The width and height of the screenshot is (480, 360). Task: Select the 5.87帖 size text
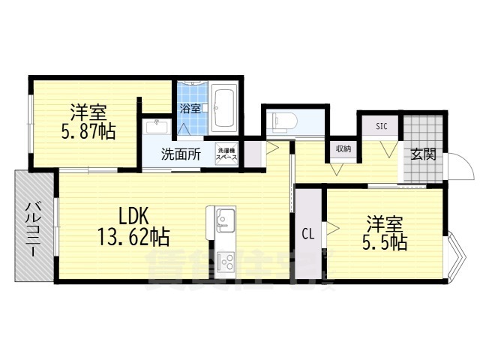[x=88, y=132]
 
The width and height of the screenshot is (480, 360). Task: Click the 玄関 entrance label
[x=422, y=154]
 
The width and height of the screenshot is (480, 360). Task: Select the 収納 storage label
[x=343, y=148]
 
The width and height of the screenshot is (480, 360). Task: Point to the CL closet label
[x=307, y=233]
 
